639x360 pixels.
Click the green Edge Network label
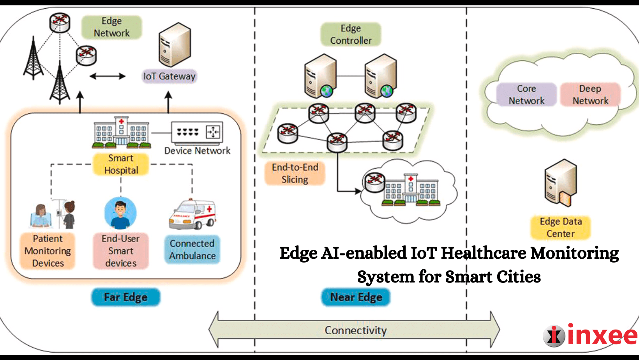pos(111,27)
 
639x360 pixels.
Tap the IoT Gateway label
pos(169,76)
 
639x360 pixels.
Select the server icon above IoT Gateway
pos(174,45)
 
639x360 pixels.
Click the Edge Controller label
pos(351,34)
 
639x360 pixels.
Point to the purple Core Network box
pos(526,95)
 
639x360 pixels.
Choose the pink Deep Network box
pos(590,95)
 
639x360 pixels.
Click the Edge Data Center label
pos(560,228)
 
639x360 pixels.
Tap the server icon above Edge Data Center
pos(560,183)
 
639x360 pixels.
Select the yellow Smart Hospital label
pos(121,164)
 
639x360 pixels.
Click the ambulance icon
pos(192,215)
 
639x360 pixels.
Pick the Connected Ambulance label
pos(192,249)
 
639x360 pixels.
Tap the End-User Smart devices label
pos(121,251)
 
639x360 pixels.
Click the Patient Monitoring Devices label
pos(48,251)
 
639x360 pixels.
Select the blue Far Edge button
pos(125,297)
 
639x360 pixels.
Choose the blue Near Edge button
pos(356,297)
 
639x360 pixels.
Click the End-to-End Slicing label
pos(295,173)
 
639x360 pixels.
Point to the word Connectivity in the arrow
pos(355,330)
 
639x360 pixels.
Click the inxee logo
pos(590,335)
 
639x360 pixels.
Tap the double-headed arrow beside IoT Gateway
pos(108,76)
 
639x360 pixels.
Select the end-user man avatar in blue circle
pos(120,214)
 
